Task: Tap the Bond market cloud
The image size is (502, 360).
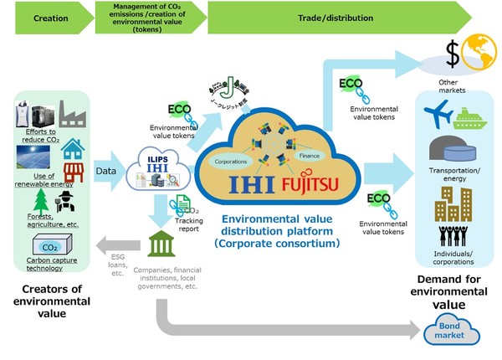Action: (x=453, y=332)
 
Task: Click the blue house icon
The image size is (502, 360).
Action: (x=74, y=148)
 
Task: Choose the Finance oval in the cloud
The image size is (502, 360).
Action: (x=312, y=156)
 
